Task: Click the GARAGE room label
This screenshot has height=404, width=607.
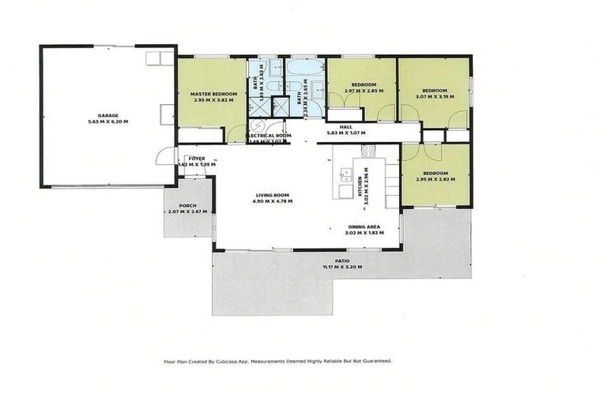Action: (x=108, y=115)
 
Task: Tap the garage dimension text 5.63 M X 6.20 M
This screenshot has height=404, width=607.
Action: (x=108, y=122)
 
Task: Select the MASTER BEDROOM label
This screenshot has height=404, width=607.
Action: (x=211, y=94)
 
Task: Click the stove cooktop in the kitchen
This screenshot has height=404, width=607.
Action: (x=368, y=149)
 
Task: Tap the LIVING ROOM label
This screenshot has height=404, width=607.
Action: (x=273, y=195)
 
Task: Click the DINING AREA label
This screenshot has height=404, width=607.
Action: (x=365, y=226)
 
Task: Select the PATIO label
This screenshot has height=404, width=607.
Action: (x=341, y=260)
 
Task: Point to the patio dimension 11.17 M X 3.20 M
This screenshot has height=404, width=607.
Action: (x=341, y=266)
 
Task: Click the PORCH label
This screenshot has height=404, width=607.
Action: (x=188, y=205)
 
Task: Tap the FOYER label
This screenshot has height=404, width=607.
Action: (x=196, y=159)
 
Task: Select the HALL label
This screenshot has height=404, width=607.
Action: (x=345, y=126)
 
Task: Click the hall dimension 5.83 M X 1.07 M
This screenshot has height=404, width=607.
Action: (x=345, y=133)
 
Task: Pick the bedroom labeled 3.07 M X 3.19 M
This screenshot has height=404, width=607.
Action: (x=434, y=97)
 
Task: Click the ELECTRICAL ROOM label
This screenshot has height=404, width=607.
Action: (x=269, y=136)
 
